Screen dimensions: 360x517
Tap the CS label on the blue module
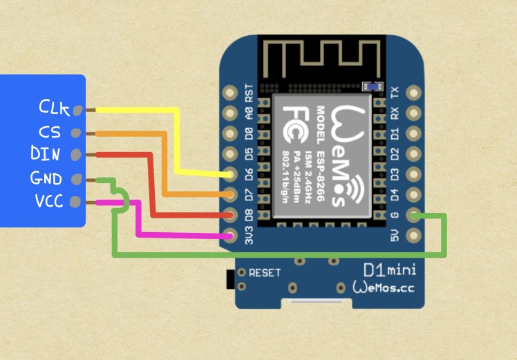pyautogui.click(x=50, y=131)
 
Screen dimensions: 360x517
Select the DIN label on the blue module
pyautogui.click(x=46, y=153)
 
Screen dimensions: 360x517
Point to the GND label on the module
pyautogui.click(x=46, y=179)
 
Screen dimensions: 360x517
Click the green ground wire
pyautogui.click(x=276, y=254)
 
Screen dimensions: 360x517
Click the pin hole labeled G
pyautogui.click(x=413, y=216)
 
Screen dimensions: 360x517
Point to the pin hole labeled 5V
pyautogui.click(x=413, y=237)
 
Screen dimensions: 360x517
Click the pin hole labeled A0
pyautogui.click(x=230, y=113)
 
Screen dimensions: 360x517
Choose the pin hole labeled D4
pyautogui.click(x=413, y=196)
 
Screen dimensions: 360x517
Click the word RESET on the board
pyautogui.click(x=265, y=272)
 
